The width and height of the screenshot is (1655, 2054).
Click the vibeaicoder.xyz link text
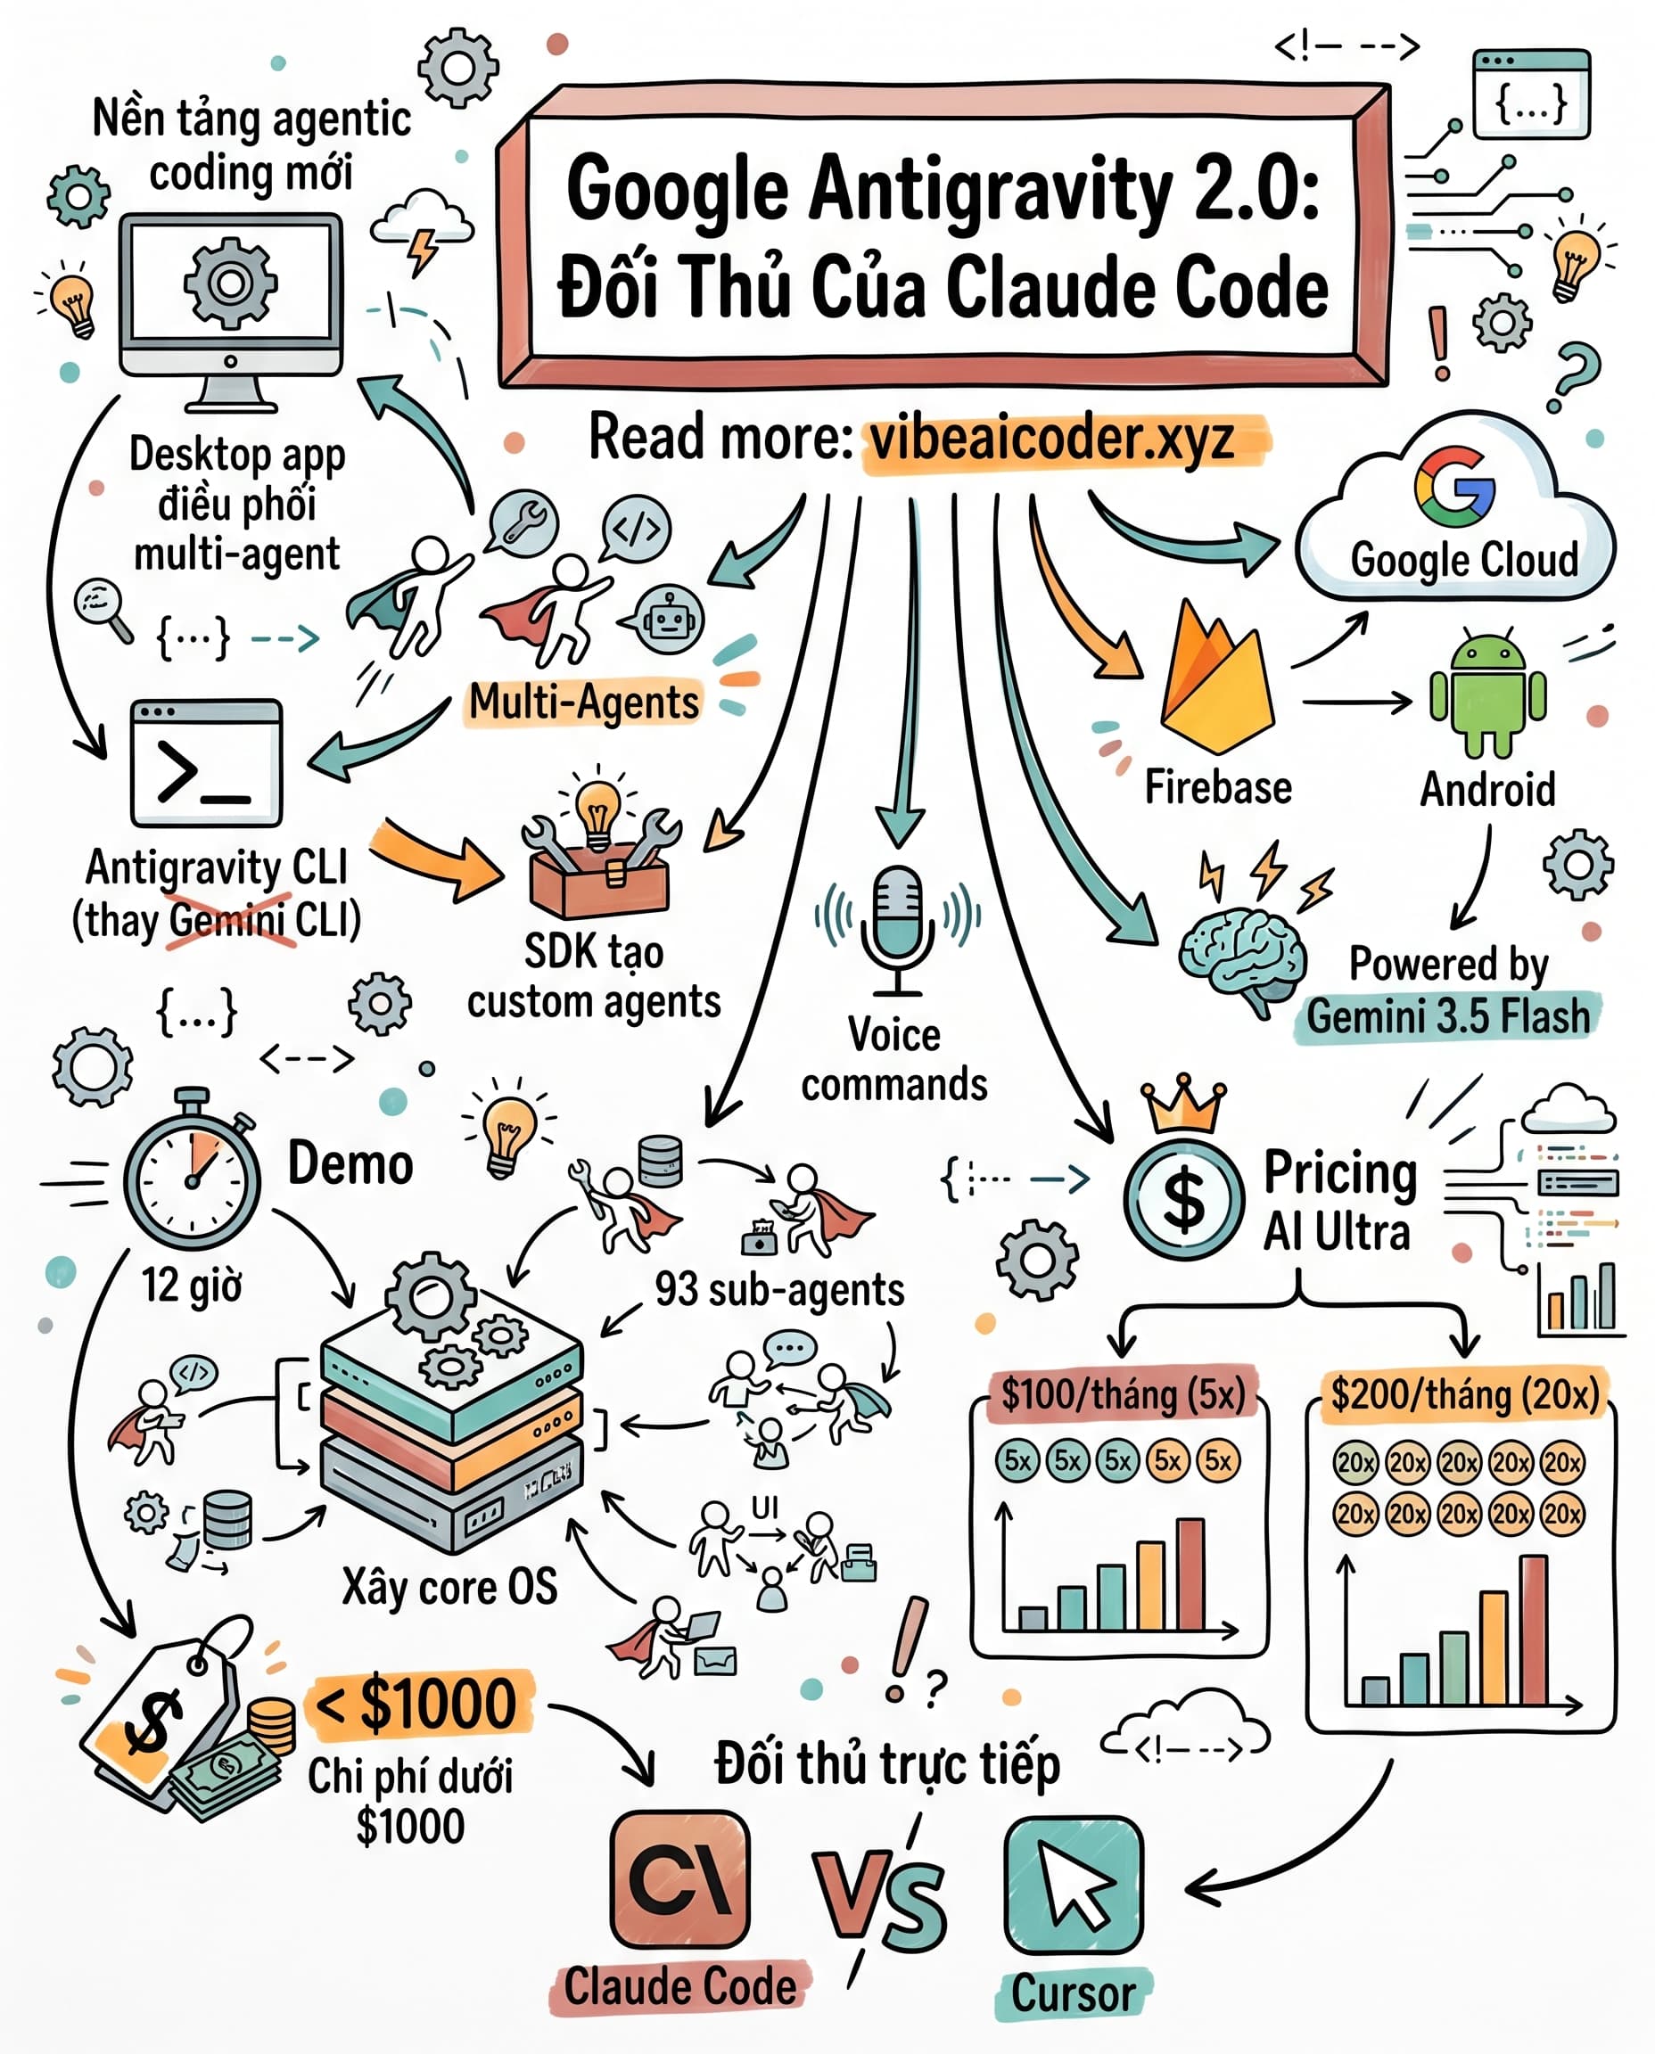[x=1052, y=440]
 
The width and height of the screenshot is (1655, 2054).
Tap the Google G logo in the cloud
[x=1453, y=486]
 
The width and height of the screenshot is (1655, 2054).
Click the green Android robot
[x=1487, y=694]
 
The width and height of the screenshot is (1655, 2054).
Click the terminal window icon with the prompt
[x=206, y=761]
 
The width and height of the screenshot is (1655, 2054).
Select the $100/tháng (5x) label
[x=1123, y=1394]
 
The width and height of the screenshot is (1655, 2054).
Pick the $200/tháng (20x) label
[x=1465, y=1394]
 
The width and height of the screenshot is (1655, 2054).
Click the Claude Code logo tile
[x=679, y=1878]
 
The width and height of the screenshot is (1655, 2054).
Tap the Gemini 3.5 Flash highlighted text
[x=1448, y=1015]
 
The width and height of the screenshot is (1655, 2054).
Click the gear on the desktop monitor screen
[x=230, y=283]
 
